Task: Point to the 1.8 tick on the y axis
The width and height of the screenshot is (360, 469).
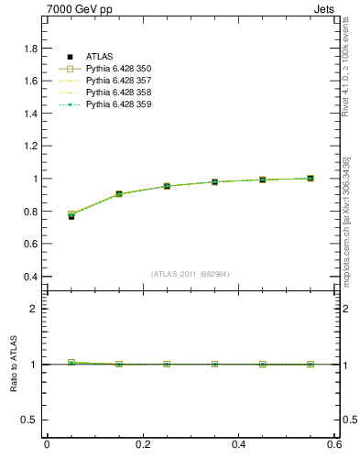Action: pyautogui.click(x=30, y=49)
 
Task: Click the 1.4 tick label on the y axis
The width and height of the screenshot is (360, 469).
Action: pyautogui.click(x=30, y=114)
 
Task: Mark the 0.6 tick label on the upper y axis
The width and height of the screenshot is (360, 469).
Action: pyautogui.click(x=30, y=245)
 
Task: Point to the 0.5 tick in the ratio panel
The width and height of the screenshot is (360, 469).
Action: pyautogui.click(x=30, y=420)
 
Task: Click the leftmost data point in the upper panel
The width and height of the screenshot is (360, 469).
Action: pyautogui.click(x=71, y=215)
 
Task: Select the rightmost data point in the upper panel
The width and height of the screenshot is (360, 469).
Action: pyautogui.click(x=310, y=179)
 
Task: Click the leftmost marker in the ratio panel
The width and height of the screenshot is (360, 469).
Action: pyautogui.click(x=71, y=363)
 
